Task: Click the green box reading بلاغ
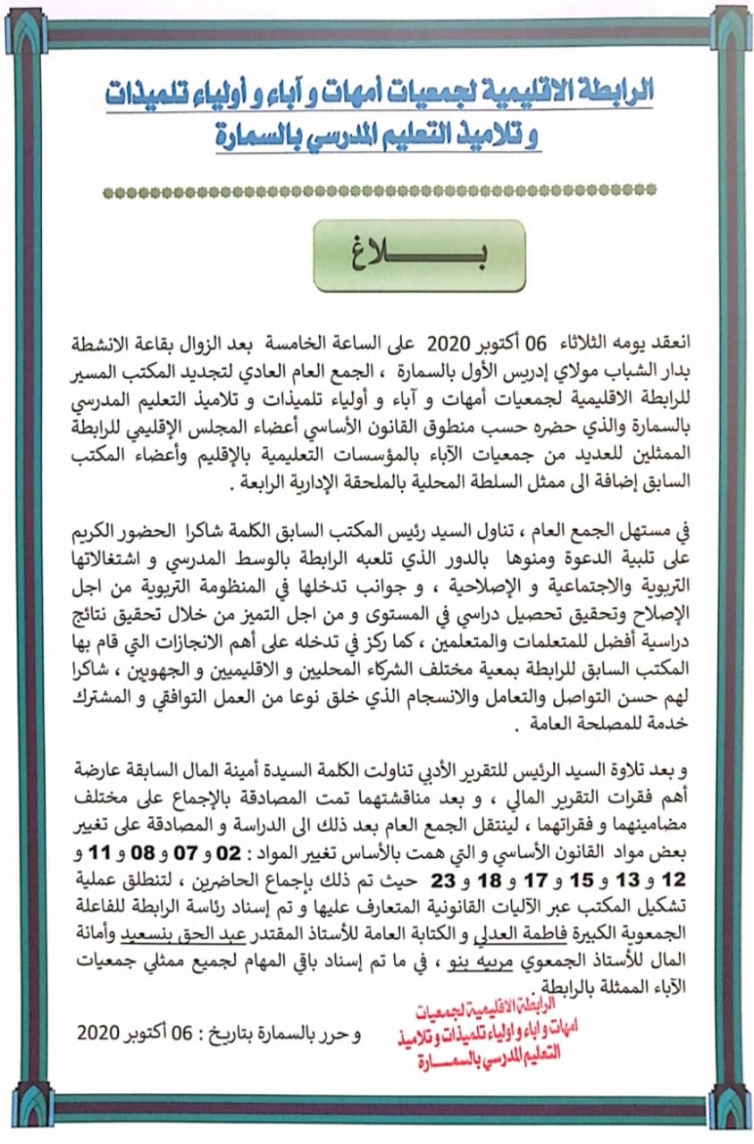[x=419, y=256]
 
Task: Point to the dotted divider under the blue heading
[x=379, y=190]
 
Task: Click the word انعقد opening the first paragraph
[x=657, y=342]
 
